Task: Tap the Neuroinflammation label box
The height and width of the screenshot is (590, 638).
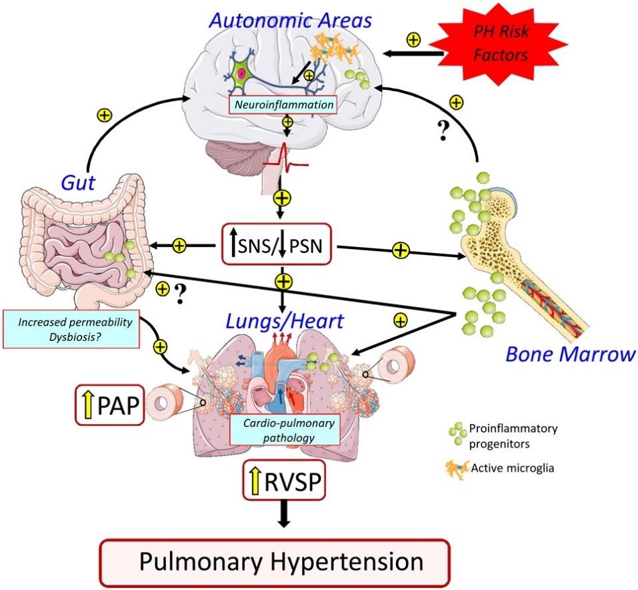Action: click(x=282, y=105)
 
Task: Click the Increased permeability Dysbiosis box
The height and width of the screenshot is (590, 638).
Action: click(x=71, y=329)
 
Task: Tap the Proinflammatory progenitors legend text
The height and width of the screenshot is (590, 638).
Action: click(x=507, y=433)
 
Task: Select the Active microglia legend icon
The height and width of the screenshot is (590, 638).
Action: click(x=455, y=467)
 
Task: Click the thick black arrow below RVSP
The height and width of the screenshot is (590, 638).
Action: click(x=284, y=517)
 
